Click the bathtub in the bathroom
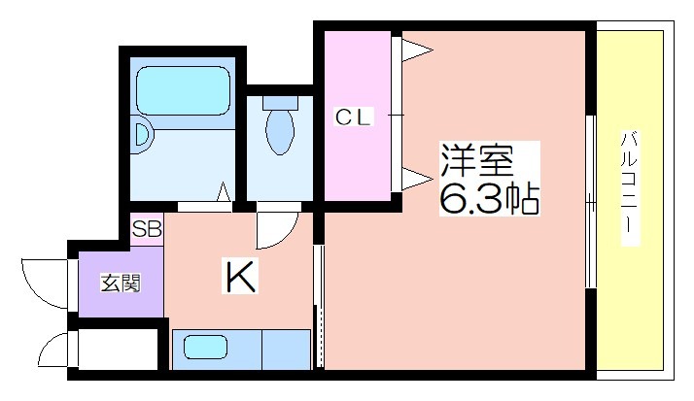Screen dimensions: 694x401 [x=183, y=90]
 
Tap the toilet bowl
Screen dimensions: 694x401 [x=280, y=132]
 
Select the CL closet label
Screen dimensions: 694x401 [x=353, y=117]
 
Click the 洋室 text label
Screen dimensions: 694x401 [x=476, y=160]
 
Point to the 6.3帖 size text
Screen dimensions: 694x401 [x=489, y=198]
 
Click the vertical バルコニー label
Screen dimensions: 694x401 [x=630, y=188]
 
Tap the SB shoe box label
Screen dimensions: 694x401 [x=147, y=230]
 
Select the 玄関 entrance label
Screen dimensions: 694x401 [x=121, y=283]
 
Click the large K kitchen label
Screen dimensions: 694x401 [x=240, y=278]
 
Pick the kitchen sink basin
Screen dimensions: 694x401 [x=205, y=347]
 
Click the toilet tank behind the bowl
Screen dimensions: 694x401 [x=280, y=103]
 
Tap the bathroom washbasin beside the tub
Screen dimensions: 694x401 [x=143, y=135]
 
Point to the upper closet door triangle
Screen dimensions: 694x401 [x=416, y=50]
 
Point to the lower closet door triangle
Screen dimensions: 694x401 [x=416, y=179]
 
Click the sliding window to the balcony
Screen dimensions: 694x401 [x=590, y=202]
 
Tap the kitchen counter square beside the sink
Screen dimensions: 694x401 [x=287, y=350]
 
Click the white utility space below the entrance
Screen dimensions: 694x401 [x=119, y=349]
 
